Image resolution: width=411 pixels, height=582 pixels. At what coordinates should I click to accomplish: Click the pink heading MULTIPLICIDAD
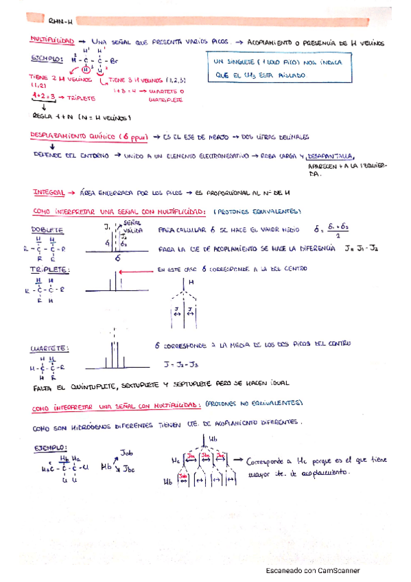pos(50,42)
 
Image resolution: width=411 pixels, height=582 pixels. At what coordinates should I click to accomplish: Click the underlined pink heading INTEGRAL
pos(49,192)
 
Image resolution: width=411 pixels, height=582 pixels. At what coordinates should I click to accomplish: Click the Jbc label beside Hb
pos(130,470)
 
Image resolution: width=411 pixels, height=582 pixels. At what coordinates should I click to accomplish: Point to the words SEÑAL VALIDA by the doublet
pos(133,226)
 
